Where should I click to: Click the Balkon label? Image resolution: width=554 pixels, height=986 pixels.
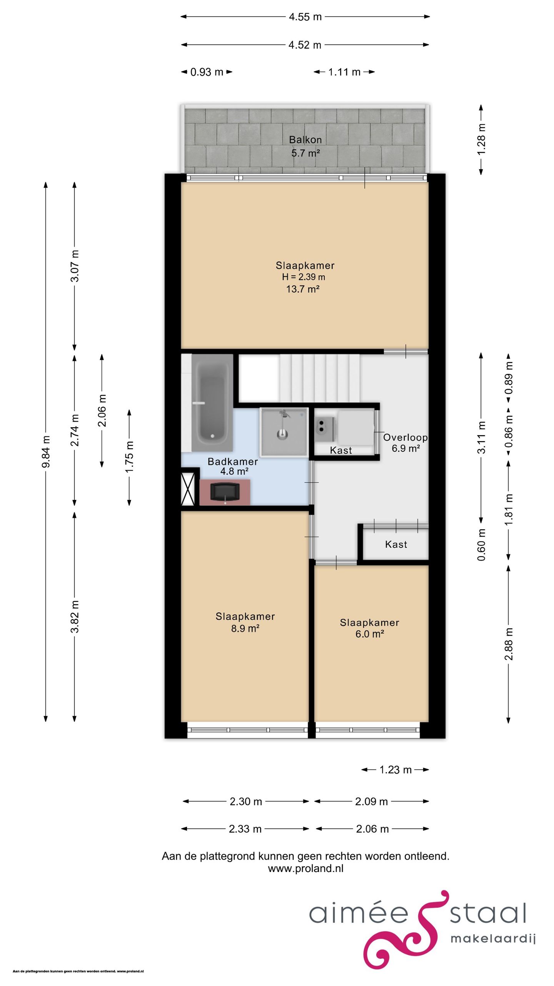tap(305, 140)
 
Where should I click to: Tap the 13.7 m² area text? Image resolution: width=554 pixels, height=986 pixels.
tap(303, 289)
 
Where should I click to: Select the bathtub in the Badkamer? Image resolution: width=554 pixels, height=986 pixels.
tap(212, 403)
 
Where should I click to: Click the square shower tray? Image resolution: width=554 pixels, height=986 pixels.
tap(284, 431)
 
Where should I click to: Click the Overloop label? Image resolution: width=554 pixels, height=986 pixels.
tap(405, 438)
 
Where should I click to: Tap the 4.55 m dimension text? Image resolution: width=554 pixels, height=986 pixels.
tap(305, 17)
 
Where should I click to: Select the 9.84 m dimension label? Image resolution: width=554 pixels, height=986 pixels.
tap(46, 451)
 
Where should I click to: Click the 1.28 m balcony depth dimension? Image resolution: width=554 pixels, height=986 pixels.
tap(481, 139)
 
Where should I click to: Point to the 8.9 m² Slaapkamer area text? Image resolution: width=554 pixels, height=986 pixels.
tap(245, 629)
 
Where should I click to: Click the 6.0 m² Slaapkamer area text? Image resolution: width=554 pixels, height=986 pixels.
tap(369, 634)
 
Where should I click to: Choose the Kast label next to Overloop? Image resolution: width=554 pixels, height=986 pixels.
tap(341, 450)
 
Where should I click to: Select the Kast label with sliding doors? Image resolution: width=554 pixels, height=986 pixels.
tap(396, 544)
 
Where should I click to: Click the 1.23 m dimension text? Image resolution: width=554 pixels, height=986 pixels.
tap(395, 770)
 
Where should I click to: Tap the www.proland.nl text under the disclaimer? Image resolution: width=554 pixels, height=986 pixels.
tap(305, 869)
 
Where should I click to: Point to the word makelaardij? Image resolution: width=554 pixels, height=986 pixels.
tap(493, 939)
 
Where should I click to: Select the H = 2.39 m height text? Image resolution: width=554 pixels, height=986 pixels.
tap(303, 277)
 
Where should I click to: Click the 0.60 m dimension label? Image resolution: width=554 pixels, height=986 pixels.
tap(481, 545)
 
